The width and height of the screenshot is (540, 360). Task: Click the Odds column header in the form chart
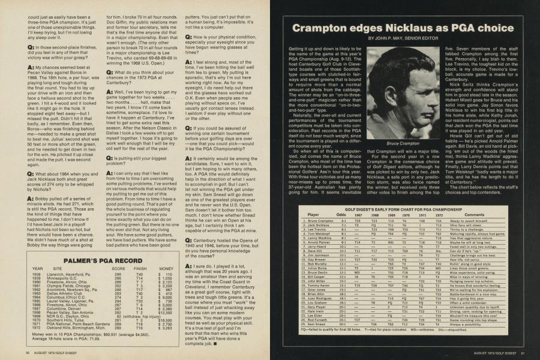tap(341, 214)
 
